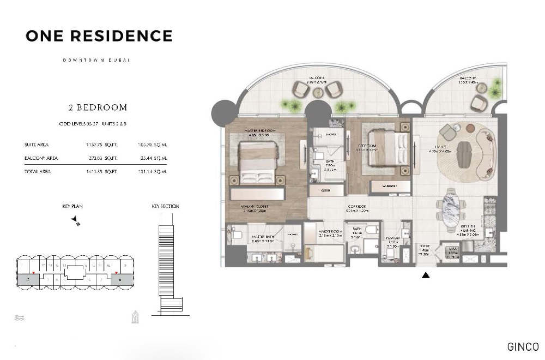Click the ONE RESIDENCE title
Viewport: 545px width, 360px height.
tap(99, 36)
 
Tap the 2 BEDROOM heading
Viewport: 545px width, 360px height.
tap(98, 107)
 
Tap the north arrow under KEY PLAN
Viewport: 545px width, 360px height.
tap(75, 220)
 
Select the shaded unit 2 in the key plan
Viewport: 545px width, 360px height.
tap(28, 279)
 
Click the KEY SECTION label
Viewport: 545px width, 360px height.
tap(165, 206)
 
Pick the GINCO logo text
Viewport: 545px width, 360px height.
tap(523, 347)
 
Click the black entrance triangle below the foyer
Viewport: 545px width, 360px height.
tap(426, 275)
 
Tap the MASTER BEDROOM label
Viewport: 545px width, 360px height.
tap(261, 131)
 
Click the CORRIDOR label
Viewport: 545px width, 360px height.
tap(357, 207)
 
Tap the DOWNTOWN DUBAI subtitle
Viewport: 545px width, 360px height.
tap(95, 59)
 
